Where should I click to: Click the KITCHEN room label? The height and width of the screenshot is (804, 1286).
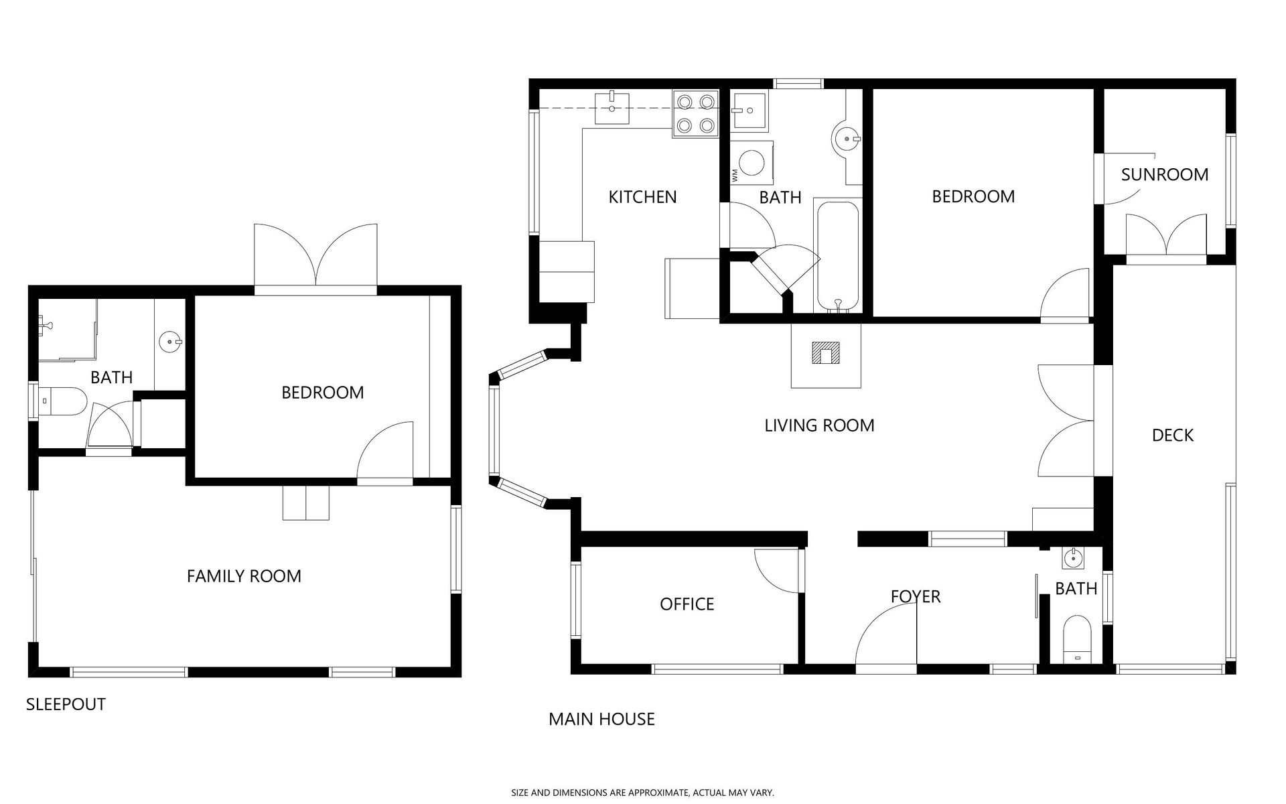pyautogui.click(x=642, y=197)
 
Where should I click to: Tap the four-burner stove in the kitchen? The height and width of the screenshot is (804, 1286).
pyautogui.click(x=695, y=114)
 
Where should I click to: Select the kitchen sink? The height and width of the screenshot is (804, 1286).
pyautogui.click(x=612, y=109)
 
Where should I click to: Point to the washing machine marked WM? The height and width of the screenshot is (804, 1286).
pyautogui.click(x=752, y=162)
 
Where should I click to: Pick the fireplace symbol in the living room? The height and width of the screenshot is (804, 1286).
pyautogui.click(x=825, y=353)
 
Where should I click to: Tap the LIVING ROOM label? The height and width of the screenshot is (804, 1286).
pyautogui.click(x=819, y=425)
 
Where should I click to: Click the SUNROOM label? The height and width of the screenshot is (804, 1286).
pyautogui.click(x=1165, y=175)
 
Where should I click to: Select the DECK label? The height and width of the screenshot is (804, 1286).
pyautogui.click(x=1173, y=435)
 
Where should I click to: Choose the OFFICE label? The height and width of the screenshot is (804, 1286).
pyautogui.click(x=687, y=604)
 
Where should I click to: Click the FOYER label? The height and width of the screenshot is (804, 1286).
pyautogui.click(x=916, y=596)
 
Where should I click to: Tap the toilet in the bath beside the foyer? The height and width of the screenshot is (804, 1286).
pyautogui.click(x=1077, y=639)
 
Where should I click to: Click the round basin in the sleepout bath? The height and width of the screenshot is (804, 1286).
pyautogui.click(x=170, y=342)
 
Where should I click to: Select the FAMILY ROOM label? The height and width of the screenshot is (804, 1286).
pyautogui.click(x=244, y=576)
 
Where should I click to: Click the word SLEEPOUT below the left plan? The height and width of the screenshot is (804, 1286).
pyautogui.click(x=66, y=704)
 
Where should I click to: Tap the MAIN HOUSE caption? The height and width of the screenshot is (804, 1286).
pyautogui.click(x=601, y=719)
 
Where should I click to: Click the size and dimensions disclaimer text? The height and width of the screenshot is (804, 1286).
pyautogui.click(x=643, y=793)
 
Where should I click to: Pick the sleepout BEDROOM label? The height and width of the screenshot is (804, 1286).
pyautogui.click(x=322, y=393)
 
